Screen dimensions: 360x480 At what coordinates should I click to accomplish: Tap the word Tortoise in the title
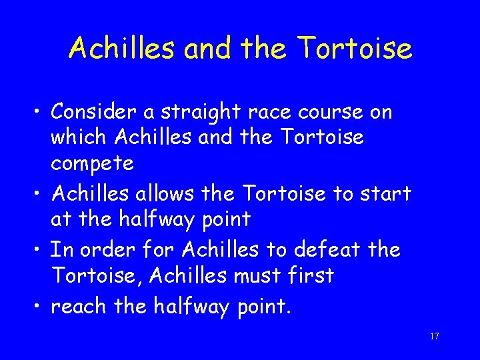[x=355, y=48]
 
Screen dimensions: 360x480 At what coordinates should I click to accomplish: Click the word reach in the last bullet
[x=78, y=307]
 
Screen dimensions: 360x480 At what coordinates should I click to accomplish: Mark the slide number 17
[x=434, y=337]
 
